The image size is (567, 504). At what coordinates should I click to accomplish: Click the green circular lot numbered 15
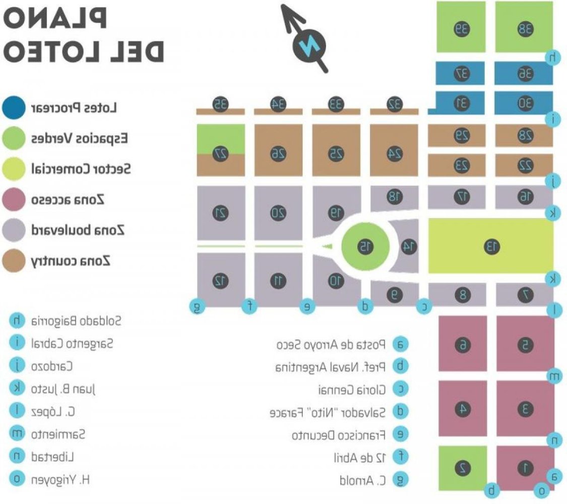[365, 246]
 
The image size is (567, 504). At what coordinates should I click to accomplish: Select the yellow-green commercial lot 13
[490, 246]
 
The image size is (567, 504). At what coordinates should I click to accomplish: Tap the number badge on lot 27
[220, 153]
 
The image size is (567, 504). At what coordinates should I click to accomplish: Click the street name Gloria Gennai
[352, 389]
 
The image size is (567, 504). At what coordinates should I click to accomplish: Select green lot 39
[461, 28]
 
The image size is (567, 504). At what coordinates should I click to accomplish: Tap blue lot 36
[524, 74]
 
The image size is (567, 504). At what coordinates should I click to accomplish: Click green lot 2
[463, 468]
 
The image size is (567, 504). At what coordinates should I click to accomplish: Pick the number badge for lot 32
[395, 104]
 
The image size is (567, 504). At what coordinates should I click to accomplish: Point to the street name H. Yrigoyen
[60, 479]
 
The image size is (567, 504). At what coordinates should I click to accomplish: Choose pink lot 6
[463, 345]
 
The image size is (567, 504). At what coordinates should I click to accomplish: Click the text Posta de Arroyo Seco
[332, 344]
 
